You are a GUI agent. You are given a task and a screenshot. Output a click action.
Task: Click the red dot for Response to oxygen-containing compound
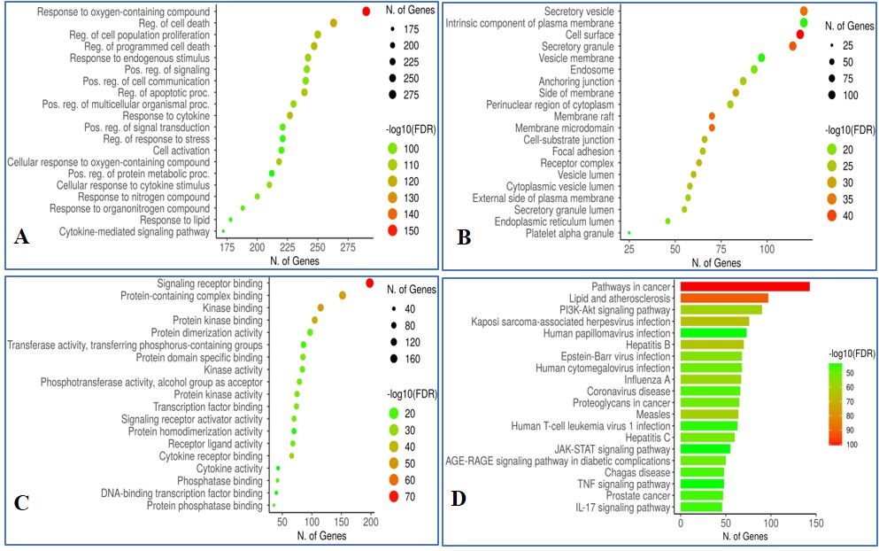[x=366, y=11]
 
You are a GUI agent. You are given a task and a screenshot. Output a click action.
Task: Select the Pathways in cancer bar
[x=743, y=286]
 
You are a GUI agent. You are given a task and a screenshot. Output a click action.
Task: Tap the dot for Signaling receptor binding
[x=369, y=283]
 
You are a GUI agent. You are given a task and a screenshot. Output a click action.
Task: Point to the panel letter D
[x=459, y=499]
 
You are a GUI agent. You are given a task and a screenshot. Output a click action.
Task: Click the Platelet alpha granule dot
[x=629, y=233]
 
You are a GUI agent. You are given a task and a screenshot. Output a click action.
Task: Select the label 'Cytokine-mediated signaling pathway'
[x=135, y=232]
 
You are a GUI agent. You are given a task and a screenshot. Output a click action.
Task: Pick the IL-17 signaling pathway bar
[x=699, y=508]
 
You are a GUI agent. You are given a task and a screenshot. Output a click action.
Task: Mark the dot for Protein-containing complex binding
[x=343, y=295]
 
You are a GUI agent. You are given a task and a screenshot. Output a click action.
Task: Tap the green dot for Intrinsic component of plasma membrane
[x=804, y=22]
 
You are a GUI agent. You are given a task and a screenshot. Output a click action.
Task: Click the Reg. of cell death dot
[x=334, y=23]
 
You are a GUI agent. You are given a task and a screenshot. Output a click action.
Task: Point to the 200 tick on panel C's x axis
[x=371, y=524]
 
